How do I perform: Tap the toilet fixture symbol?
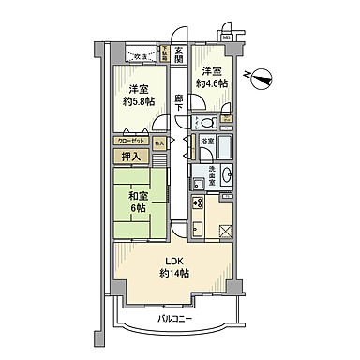coord(207,122)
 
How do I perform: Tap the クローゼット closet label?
coord(131,138)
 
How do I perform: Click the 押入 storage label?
coord(131,157)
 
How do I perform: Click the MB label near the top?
coord(226,37)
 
